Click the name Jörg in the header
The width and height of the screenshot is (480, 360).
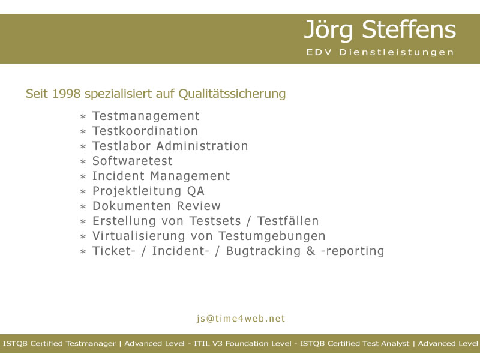point(328,31)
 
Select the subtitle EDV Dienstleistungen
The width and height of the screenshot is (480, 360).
point(380,52)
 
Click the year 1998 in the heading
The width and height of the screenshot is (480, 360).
point(67,94)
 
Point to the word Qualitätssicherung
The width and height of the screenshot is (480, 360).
point(232,94)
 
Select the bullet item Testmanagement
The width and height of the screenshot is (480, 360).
point(146,116)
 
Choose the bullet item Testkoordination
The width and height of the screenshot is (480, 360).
point(145,131)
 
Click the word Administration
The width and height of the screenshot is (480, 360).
point(202,146)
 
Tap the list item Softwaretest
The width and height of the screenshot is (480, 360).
point(133,161)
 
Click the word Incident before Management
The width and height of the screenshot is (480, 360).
point(118,176)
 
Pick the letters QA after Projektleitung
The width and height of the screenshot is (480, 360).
point(196,191)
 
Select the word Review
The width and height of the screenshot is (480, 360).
point(199,206)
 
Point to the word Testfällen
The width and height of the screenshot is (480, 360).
point(288,221)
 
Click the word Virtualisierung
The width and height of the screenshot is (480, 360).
point(139,236)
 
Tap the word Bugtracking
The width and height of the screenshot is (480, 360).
point(263,251)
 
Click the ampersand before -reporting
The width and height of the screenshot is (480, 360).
point(311,251)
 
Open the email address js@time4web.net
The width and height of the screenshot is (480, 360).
point(241,319)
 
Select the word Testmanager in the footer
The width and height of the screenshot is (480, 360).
point(91,344)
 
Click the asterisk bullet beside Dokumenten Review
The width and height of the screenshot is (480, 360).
point(83,207)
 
